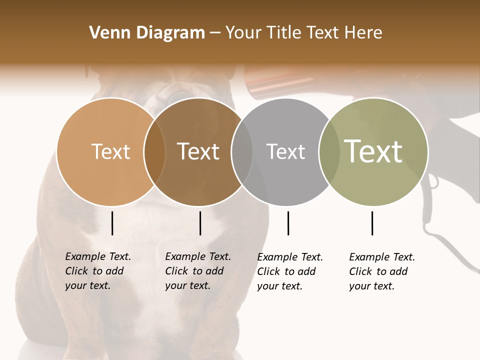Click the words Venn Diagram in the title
(147, 33)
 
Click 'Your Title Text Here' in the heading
(303, 33)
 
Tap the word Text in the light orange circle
(110, 151)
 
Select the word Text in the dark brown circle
(198, 151)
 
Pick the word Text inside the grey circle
(285, 151)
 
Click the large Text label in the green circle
(373, 151)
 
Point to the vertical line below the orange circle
(112, 223)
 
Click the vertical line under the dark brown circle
(200, 223)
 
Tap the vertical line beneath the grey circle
(288, 223)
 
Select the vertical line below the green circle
(372, 223)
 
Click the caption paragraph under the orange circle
(98, 271)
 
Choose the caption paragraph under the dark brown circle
(198, 271)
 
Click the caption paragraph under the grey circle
(290, 271)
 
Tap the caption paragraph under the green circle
(382, 271)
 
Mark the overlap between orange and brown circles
(154, 151)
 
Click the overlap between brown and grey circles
(242, 151)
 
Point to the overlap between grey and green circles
(329, 151)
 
